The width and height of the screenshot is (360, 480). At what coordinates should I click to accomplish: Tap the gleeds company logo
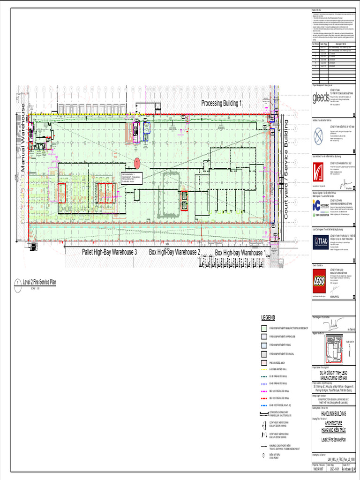[x=321, y=98]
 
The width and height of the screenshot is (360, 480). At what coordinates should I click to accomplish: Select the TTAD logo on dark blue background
[x=321, y=240]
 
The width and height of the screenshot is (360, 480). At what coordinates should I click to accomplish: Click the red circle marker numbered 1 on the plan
[x=137, y=163]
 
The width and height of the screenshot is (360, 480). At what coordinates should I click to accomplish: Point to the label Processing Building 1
[x=222, y=103]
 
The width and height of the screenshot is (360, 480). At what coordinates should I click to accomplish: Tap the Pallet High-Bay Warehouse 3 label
[x=109, y=252]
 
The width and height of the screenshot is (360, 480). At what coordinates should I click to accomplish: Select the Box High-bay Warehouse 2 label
[x=174, y=252]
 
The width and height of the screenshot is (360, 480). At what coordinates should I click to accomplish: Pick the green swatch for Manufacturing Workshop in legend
[x=264, y=328]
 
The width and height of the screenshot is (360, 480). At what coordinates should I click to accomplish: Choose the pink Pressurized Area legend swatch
[x=264, y=362]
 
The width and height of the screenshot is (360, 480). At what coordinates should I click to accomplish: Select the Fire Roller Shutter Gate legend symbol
[x=264, y=413]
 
